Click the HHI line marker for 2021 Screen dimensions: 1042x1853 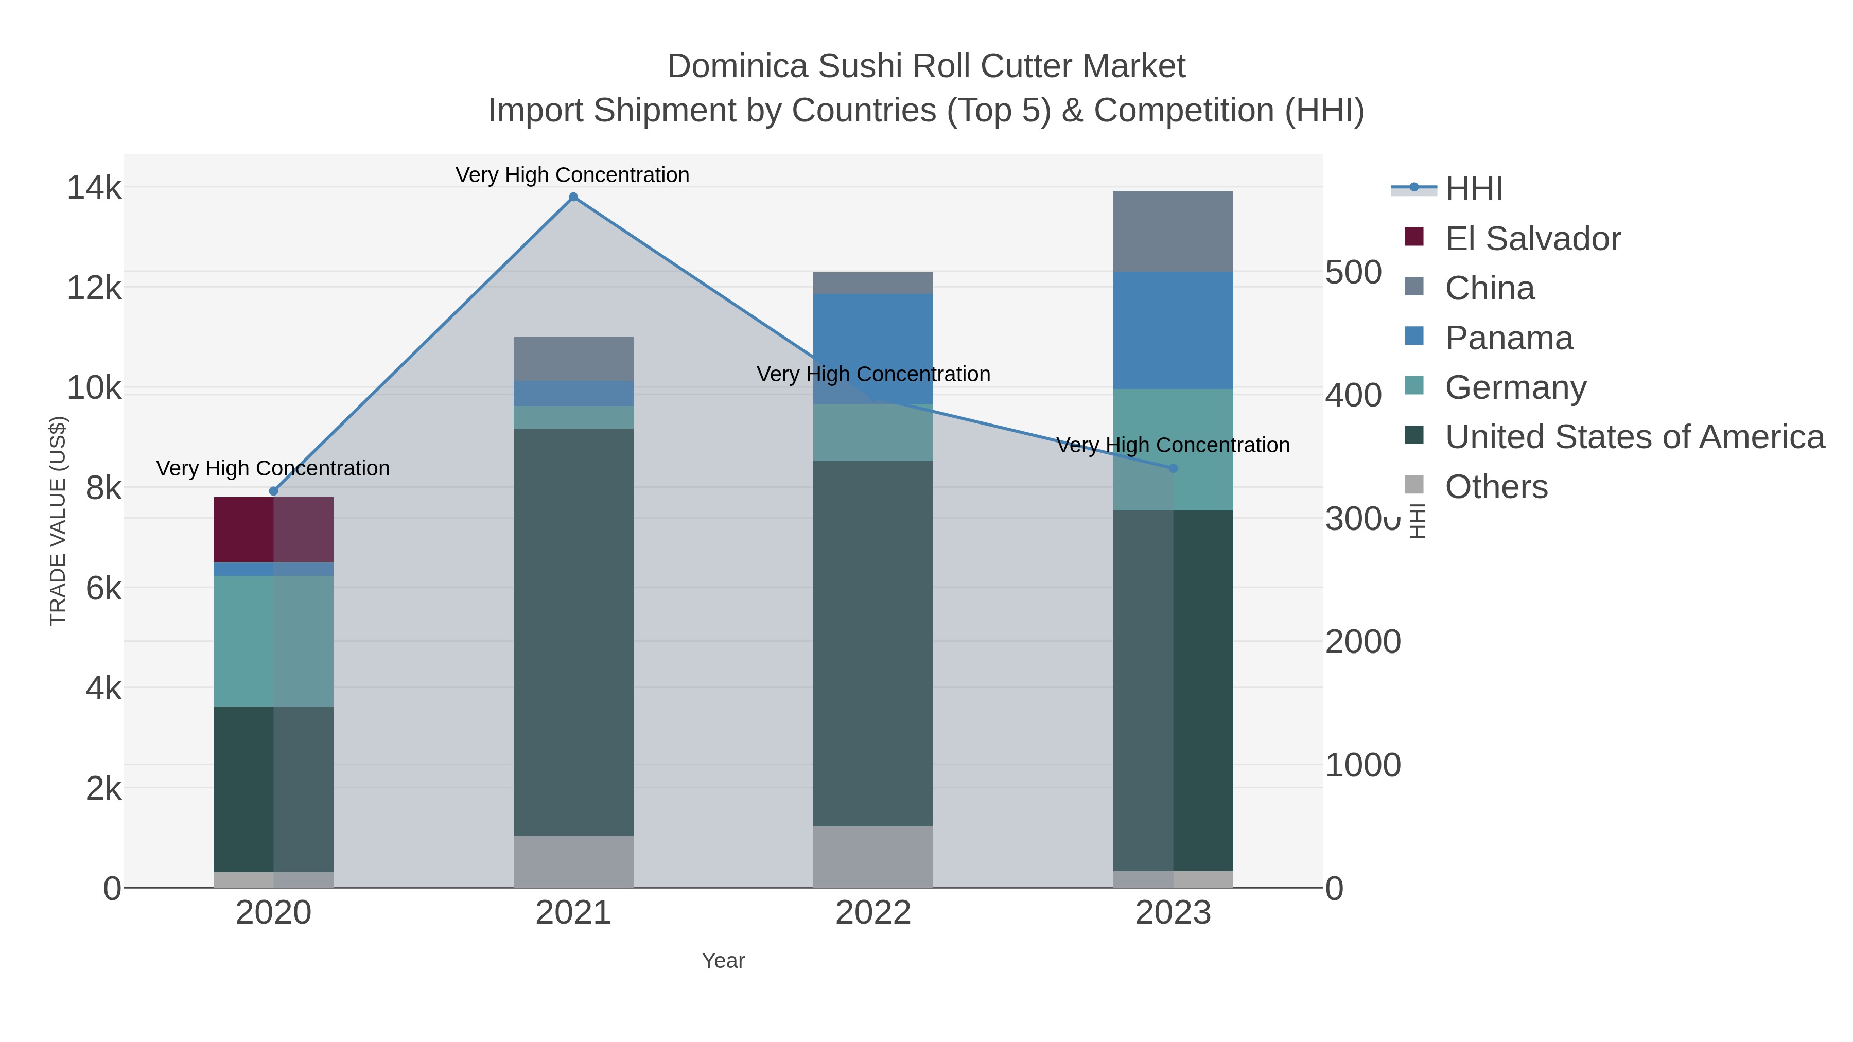tap(573, 197)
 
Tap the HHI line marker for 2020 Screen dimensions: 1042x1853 tap(273, 491)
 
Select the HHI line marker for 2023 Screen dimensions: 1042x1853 tap(1173, 468)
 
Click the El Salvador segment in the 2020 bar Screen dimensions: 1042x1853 tap(273, 529)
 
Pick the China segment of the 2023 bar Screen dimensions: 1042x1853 tap(1173, 231)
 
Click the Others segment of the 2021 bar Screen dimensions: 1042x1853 tap(573, 861)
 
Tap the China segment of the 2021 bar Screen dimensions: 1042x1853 tap(573, 359)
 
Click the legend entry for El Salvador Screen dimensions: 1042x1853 tap(1532, 239)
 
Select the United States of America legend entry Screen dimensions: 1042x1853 tap(1634, 437)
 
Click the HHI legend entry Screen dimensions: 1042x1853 tap(1473, 189)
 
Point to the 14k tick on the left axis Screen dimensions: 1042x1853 tap(94, 188)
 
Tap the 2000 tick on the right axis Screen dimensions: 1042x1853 tap(1363, 642)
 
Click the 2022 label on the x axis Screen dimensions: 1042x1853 tap(873, 913)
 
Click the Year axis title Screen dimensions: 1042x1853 tap(723, 961)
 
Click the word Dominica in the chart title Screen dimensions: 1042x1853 tap(737, 66)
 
